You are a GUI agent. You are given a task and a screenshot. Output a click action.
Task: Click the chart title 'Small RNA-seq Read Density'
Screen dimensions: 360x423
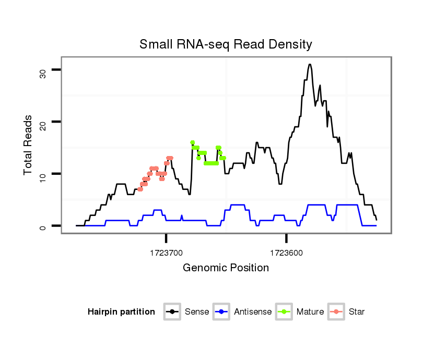[226, 44]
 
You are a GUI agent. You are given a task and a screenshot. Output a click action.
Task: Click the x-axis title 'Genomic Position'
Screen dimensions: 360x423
[226, 268]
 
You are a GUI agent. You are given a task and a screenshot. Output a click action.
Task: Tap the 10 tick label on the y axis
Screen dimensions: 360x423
[43, 175]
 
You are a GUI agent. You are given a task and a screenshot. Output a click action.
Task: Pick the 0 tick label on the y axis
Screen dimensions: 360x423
[43, 226]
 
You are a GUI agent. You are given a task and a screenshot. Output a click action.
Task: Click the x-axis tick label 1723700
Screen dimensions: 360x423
[166, 253]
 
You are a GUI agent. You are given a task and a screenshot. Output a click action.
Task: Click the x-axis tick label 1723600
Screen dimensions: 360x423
[286, 253]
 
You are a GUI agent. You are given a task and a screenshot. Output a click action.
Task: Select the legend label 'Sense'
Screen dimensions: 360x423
[197, 312]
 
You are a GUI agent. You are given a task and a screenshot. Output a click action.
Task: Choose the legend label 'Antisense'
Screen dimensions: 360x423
[253, 312]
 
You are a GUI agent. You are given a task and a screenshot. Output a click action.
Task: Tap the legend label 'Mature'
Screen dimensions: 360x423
[310, 312]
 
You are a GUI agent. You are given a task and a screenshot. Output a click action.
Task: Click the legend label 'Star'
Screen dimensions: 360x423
[357, 312]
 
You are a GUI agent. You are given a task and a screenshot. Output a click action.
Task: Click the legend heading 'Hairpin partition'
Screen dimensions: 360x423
[121, 312]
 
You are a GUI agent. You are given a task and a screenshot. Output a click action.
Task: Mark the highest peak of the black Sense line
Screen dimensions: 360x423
[310, 65]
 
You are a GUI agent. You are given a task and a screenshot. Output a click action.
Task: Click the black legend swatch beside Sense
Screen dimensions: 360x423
[172, 312]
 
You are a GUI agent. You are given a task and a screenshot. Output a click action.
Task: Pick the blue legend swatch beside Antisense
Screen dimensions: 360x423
[222, 312]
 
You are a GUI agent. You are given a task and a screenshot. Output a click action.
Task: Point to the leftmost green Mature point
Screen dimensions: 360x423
[193, 142]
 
